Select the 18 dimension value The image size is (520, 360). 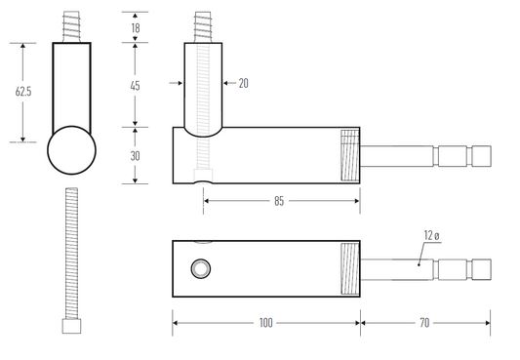(x=135, y=27)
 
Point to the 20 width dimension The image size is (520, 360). (x=243, y=84)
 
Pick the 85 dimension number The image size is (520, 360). (x=279, y=203)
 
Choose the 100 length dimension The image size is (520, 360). (x=265, y=321)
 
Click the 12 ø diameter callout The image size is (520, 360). (x=432, y=235)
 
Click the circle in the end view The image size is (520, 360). (x=72, y=151)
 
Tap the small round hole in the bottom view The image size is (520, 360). (x=200, y=267)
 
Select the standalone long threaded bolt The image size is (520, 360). (x=71, y=254)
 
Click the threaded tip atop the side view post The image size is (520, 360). (x=203, y=26)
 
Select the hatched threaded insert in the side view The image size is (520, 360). (x=349, y=156)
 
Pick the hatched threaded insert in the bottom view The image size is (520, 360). (x=349, y=268)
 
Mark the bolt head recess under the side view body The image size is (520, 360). (x=202, y=178)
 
